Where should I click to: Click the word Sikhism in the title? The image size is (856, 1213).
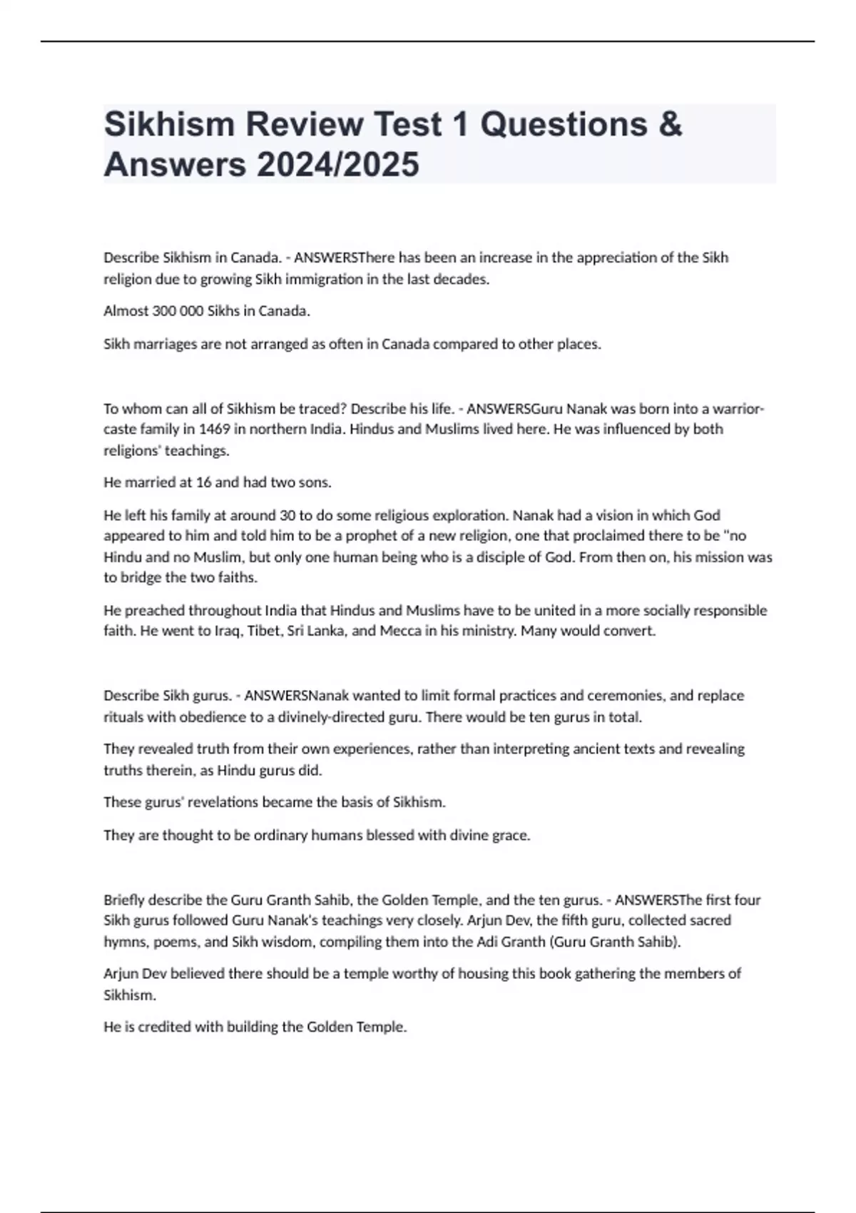click(170, 124)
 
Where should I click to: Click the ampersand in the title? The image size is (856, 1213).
click(670, 124)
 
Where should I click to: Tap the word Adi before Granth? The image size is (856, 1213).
click(488, 942)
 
